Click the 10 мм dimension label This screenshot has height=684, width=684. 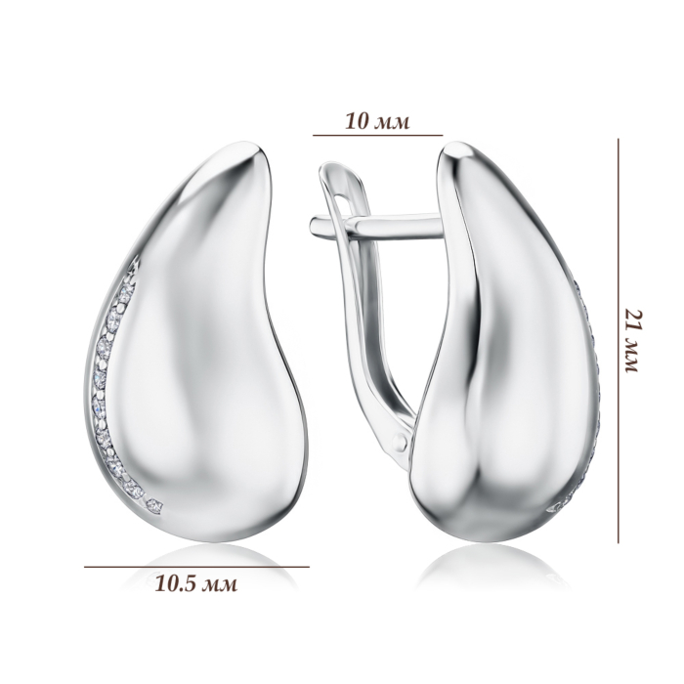pyautogui.click(x=377, y=121)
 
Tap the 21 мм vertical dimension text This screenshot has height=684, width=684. pyautogui.click(x=632, y=341)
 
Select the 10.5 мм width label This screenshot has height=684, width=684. pyautogui.click(x=196, y=583)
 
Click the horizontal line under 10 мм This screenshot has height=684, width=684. pyautogui.click(x=378, y=135)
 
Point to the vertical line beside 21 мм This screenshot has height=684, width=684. pyautogui.click(x=619, y=341)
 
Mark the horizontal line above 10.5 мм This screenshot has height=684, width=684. pyautogui.click(x=196, y=567)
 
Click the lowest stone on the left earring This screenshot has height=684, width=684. pyautogui.click(x=155, y=506)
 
